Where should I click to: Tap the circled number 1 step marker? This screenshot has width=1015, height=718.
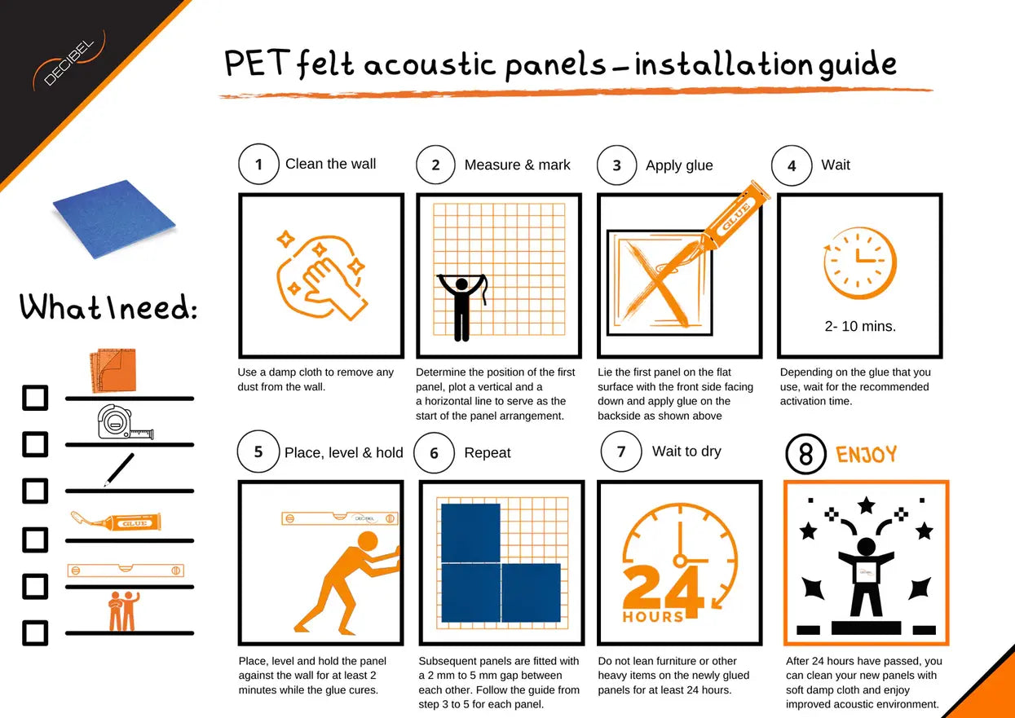pos(258,165)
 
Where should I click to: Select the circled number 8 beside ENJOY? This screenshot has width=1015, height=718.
pos(805,454)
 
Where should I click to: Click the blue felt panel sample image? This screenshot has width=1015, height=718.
pos(114,219)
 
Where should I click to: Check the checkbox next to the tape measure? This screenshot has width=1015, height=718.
pos(35,445)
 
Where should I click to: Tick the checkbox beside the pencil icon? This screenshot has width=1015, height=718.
pos(35,491)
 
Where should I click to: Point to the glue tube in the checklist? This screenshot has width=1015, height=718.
pos(115,521)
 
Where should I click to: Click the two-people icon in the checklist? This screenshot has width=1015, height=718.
pos(121,611)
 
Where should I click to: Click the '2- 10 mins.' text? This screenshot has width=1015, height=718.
pos(860,326)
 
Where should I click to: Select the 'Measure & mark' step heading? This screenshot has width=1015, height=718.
pos(517,165)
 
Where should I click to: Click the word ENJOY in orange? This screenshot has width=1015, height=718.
pos(866,454)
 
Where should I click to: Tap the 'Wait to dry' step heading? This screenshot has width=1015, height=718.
pos(686,452)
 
